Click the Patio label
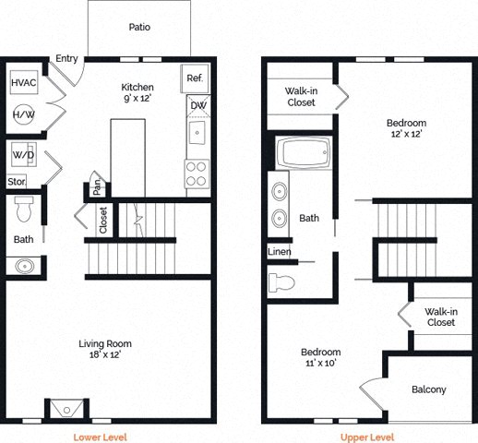(x=140, y=27)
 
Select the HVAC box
(x=24, y=82)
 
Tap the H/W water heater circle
(x=24, y=114)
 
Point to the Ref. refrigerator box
(x=196, y=78)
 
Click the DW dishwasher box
(x=197, y=105)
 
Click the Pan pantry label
(x=95, y=188)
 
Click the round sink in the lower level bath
(x=25, y=267)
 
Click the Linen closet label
(x=280, y=251)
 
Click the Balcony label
(x=428, y=389)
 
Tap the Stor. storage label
(x=18, y=182)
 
